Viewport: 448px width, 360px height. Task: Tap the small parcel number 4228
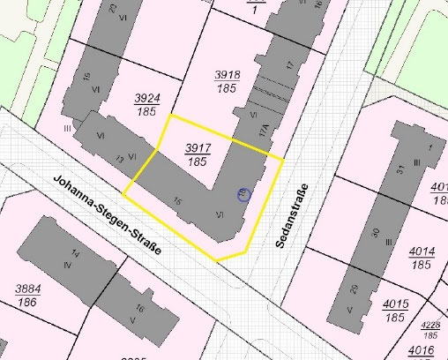(432, 327)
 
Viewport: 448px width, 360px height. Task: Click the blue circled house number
(244, 195)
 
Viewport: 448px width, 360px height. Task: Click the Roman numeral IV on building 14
(67, 265)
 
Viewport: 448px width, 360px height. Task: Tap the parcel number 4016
(422, 350)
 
